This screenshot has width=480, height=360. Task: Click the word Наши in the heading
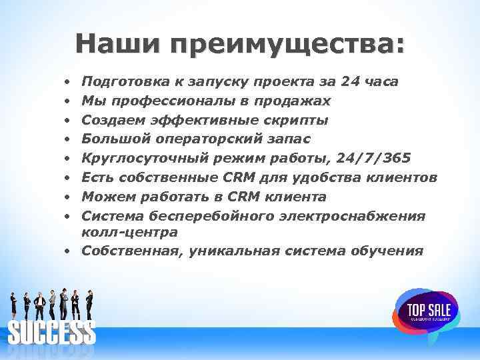117,45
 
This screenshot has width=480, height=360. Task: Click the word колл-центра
129,232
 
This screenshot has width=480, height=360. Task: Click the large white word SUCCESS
52,332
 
